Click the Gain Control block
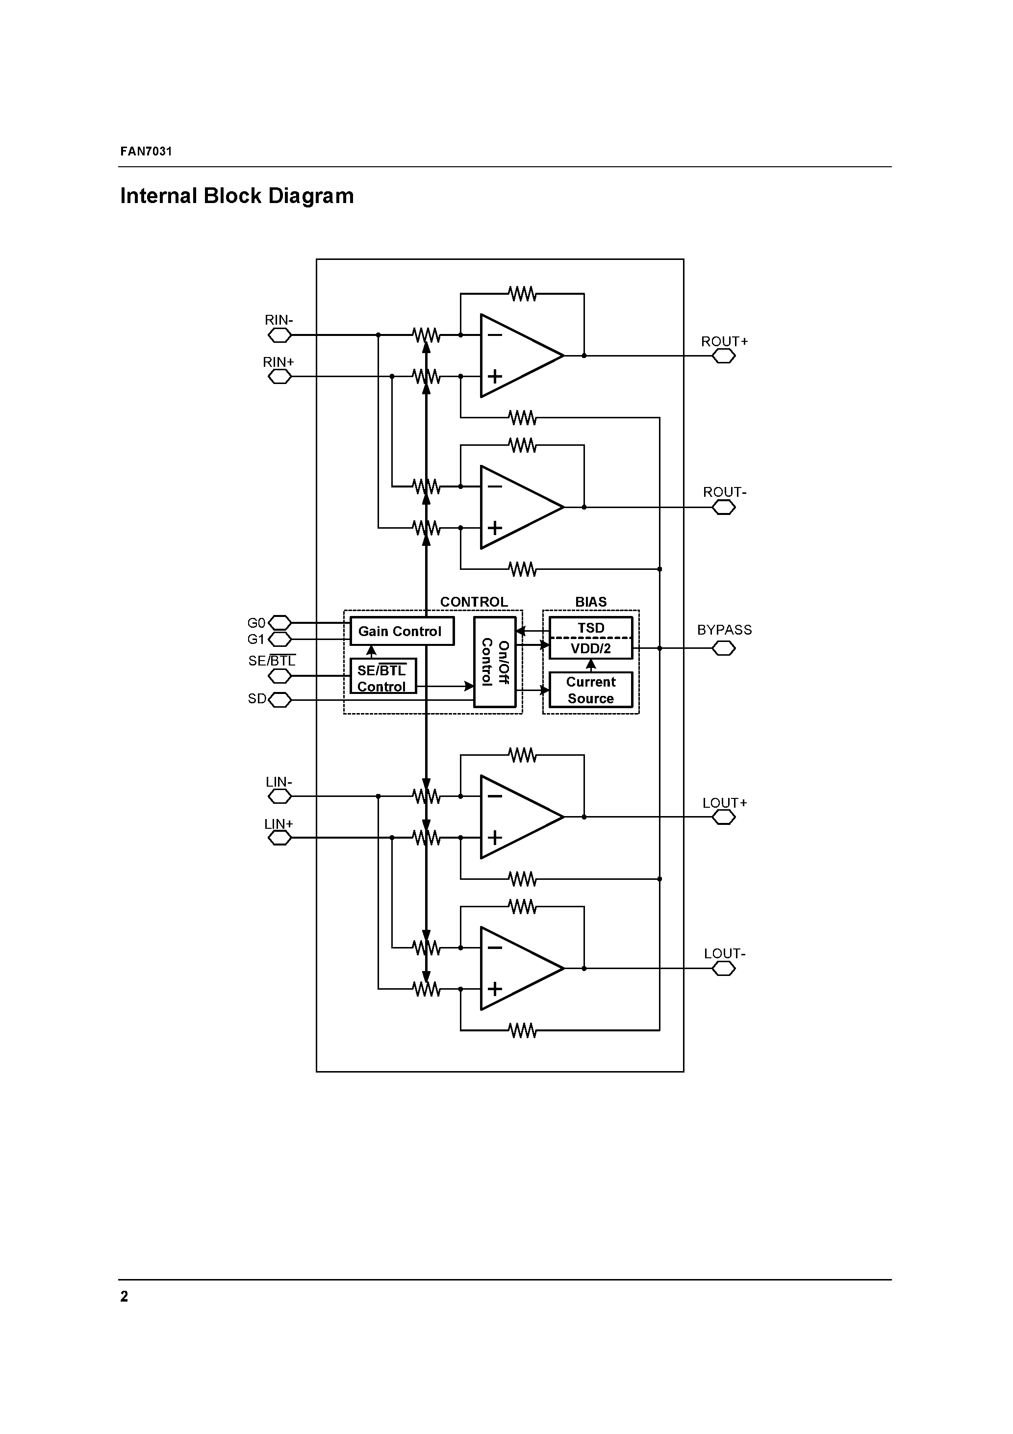401,632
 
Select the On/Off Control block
495,662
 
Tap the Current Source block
590,690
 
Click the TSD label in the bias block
590,628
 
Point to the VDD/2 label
590,648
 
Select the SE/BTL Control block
382,678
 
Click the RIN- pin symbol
279,335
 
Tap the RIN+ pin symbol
279,377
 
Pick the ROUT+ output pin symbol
723,356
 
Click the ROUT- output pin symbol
723,507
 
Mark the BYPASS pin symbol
723,648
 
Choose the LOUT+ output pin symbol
723,817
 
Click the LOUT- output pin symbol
723,969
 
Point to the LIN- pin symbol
279,796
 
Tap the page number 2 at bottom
124,1297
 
